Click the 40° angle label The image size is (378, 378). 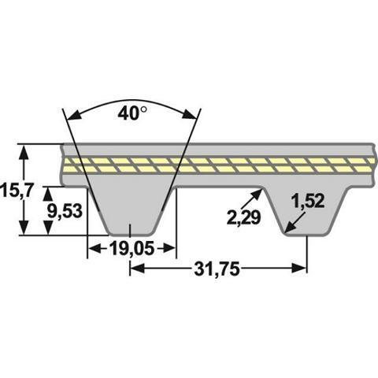[132, 113]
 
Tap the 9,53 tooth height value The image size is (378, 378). [65, 211]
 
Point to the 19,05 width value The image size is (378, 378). [132, 248]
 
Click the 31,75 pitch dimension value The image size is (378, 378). [217, 269]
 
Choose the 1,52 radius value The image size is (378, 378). [309, 202]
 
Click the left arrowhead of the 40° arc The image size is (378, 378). [74, 116]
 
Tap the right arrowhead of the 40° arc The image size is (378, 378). [190, 115]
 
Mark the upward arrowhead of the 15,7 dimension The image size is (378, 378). [24, 152]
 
